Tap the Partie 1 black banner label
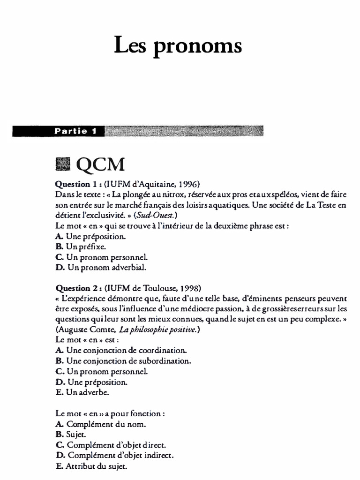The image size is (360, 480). point(75,131)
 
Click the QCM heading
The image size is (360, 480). point(100,165)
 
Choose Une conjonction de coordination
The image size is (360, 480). point(127,351)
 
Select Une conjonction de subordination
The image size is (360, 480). point(128,361)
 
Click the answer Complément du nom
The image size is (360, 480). point(106,425)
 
